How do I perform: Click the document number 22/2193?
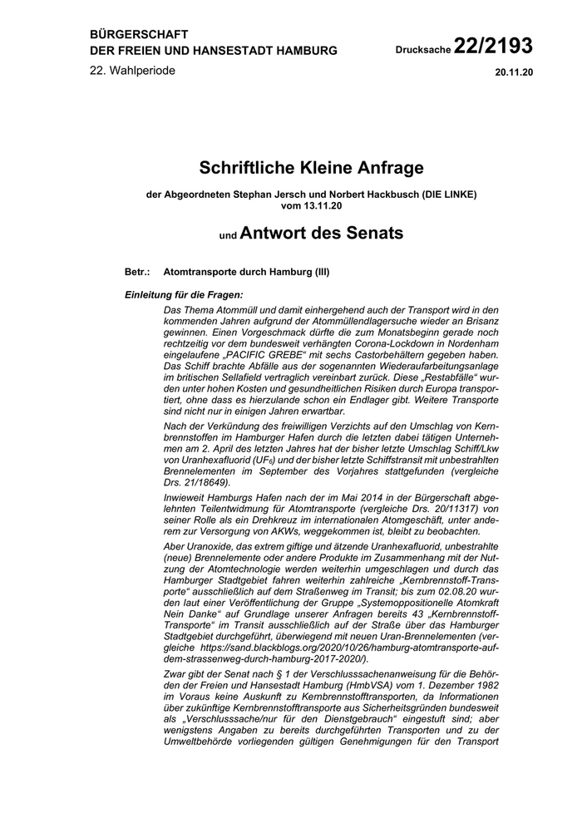click(494, 44)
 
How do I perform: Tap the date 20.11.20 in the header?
click(514, 72)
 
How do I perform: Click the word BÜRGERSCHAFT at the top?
click(139, 34)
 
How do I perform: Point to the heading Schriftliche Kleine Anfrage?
click(311, 168)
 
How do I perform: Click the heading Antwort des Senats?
click(321, 234)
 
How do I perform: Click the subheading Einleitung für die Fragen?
click(183, 294)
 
